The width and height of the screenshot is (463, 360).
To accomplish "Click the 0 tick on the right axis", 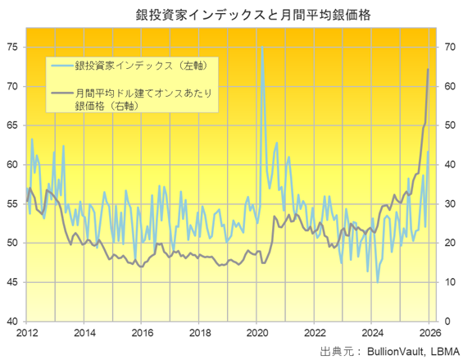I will point(447,321).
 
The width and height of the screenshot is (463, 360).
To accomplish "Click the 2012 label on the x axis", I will point(26,334).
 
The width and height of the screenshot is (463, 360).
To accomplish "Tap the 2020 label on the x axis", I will point(257,334).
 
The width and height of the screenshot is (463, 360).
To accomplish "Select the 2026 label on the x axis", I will point(431,334).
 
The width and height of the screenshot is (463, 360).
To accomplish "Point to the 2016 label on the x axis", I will point(142,334).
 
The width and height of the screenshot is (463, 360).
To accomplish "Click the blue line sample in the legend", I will point(61,64).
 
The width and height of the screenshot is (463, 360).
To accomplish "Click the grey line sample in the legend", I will point(61,93).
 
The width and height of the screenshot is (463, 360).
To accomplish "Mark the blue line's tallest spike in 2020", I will point(261,47).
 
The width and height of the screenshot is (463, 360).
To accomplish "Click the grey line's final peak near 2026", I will point(429,70).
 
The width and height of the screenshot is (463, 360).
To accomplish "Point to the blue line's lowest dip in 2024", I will point(378,281).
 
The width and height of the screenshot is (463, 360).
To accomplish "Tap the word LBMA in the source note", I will point(439,351).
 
